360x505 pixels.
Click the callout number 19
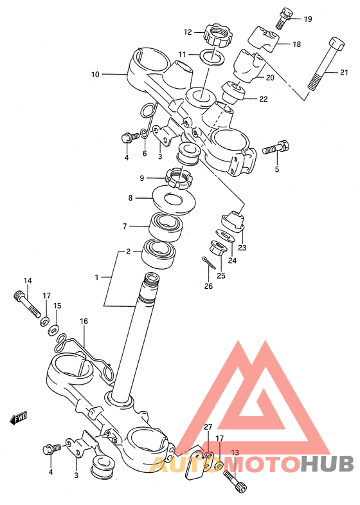click(308, 19)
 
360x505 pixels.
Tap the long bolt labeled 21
click(325, 64)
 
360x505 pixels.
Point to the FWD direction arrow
click(18, 418)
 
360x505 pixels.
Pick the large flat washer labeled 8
click(174, 199)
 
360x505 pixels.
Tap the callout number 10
click(95, 75)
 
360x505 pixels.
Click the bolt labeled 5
click(276, 148)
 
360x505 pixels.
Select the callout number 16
click(84, 321)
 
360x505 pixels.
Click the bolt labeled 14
click(28, 303)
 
